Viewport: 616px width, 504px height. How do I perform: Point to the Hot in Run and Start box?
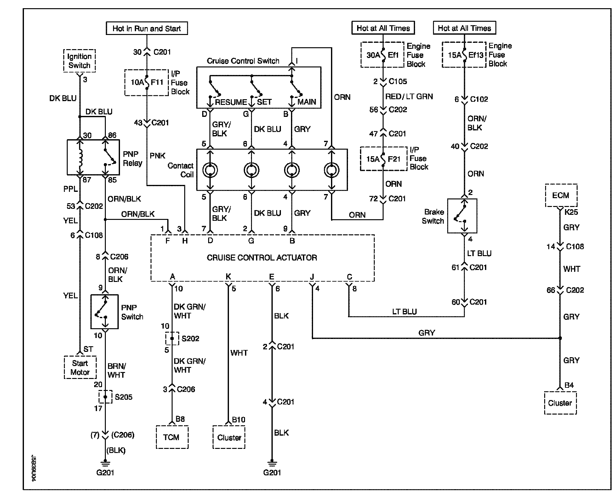tap(147, 28)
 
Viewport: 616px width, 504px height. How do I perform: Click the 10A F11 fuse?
tap(147, 83)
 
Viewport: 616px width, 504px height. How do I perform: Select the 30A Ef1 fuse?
tap(383, 55)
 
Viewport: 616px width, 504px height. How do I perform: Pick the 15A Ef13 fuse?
tap(464, 54)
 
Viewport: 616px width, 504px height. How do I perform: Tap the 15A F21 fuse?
tap(383, 159)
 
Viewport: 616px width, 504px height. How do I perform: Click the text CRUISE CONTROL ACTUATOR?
tap(262, 258)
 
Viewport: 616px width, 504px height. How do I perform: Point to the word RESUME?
tap(231, 102)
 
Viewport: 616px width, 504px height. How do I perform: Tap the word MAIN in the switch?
tap(307, 102)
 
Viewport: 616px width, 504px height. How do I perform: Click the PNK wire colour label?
tap(157, 156)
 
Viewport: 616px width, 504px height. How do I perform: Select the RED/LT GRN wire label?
tap(409, 96)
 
